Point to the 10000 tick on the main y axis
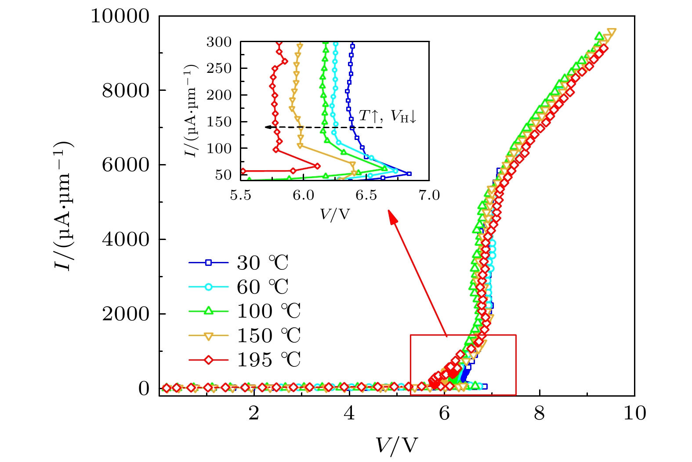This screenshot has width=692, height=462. tap(120, 17)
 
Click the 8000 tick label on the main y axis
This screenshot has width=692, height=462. tap(126, 91)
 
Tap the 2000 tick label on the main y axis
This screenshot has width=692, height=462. tap(126, 314)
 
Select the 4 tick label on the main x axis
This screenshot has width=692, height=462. tap(349, 413)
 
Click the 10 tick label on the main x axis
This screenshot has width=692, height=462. tap(634, 413)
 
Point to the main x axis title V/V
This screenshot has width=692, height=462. tap(396, 446)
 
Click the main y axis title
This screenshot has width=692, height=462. tap(63, 206)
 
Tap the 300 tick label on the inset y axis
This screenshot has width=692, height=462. tap(219, 42)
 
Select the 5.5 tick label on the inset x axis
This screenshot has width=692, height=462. tap(241, 195)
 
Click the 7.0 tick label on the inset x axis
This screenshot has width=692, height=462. tap(429, 195)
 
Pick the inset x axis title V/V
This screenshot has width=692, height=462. tap(335, 214)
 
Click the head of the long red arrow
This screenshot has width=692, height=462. tap(390, 215)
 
